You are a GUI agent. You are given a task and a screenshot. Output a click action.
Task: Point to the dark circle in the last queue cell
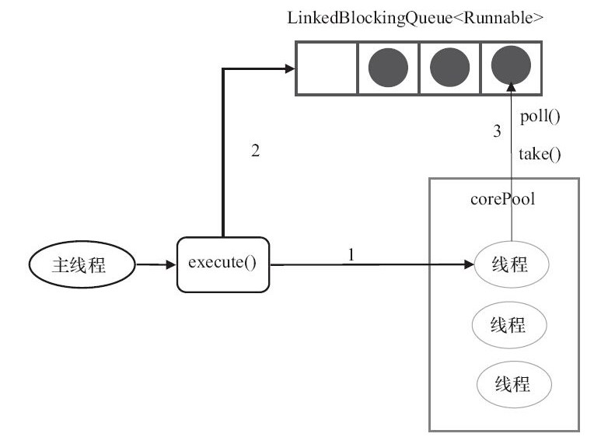(x=511, y=66)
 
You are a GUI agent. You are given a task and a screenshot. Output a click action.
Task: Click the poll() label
(x=540, y=118)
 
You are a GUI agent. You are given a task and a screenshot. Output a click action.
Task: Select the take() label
(x=540, y=153)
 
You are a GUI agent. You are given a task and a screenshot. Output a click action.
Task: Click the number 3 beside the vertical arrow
(x=498, y=132)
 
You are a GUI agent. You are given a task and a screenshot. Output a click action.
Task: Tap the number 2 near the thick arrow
(x=254, y=151)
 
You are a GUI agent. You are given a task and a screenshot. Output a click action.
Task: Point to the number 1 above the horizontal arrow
(x=351, y=254)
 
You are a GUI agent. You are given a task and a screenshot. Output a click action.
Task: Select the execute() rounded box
(x=222, y=264)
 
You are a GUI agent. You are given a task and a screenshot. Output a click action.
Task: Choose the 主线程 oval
(x=82, y=265)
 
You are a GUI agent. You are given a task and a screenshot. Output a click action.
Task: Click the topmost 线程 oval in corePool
(x=511, y=264)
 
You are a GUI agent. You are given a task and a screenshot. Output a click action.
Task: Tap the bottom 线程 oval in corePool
(x=512, y=383)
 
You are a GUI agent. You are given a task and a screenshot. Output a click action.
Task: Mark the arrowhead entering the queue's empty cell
(x=291, y=68)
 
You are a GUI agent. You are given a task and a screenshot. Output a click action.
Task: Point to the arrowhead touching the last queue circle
(x=511, y=86)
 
